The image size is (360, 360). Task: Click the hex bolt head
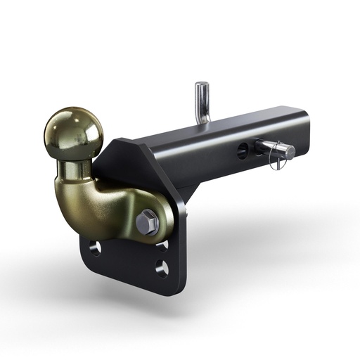coord(147,221)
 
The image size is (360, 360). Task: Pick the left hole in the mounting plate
coord(95,247)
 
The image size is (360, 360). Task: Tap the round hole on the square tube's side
coord(243,149)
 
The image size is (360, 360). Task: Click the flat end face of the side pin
coord(288,150)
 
